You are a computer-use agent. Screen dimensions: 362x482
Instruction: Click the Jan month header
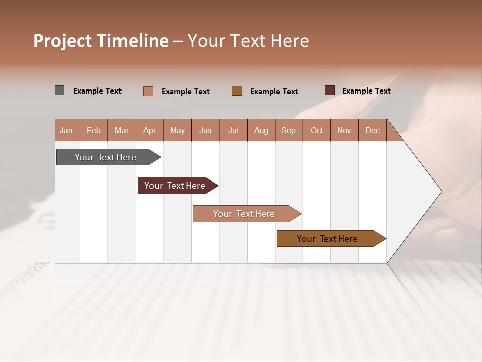66,130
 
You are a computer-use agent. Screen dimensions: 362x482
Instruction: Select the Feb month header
94,130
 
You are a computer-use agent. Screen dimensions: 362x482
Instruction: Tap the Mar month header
122,130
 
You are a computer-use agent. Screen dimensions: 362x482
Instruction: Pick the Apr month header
149,130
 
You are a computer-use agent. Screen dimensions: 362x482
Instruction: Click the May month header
177,130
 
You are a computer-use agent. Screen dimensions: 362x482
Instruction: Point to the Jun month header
205,130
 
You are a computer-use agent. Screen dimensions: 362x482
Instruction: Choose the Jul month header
233,130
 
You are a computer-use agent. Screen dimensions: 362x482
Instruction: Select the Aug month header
261,130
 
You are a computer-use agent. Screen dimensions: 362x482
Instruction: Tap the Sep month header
288,130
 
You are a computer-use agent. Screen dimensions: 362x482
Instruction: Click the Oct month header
317,130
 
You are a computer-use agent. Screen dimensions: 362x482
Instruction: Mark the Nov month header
344,130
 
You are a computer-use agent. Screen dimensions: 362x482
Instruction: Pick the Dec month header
372,130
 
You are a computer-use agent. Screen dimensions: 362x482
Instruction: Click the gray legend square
59,90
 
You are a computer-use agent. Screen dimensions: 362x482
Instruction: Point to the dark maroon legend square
329,90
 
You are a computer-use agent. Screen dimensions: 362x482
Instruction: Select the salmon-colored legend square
148,91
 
